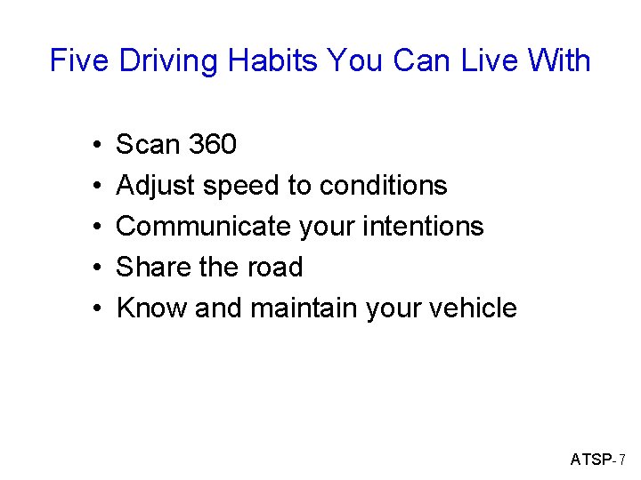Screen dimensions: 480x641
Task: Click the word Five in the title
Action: (x=80, y=60)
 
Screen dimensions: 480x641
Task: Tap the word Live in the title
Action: (x=465, y=60)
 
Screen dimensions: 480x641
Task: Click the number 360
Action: (x=210, y=144)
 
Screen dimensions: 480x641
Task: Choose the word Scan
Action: (x=147, y=144)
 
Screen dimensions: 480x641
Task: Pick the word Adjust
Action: (x=156, y=186)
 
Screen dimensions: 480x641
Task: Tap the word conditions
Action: (x=383, y=185)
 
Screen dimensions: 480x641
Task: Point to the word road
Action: (x=276, y=267)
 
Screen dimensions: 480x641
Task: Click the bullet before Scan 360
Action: (x=94, y=145)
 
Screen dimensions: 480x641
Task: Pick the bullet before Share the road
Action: (x=94, y=268)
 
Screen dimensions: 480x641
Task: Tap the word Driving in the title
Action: (x=169, y=60)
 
